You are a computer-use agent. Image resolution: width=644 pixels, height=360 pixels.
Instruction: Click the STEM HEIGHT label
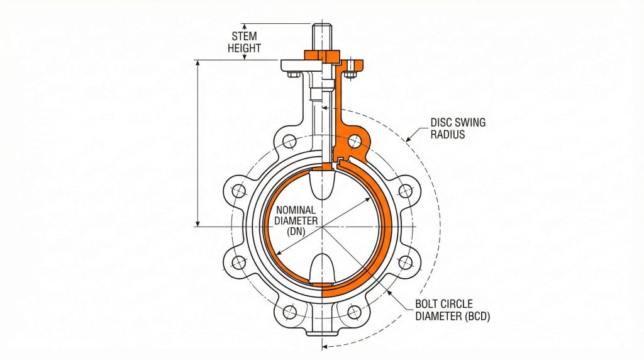point(244,42)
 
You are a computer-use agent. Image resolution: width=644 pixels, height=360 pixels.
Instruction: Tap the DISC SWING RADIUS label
point(457,128)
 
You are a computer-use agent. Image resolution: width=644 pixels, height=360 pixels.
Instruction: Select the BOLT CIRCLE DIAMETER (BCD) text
point(452,310)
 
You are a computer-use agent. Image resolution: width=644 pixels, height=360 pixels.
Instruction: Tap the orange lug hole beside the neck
point(356,140)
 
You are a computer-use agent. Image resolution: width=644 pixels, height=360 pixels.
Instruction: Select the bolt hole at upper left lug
point(290,140)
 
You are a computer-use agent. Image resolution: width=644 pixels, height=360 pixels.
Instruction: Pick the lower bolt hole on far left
point(238,262)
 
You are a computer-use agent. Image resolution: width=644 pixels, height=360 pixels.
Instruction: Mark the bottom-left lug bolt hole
point(290,311)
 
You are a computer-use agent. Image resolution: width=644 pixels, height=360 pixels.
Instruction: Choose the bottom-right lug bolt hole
point(355,311)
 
